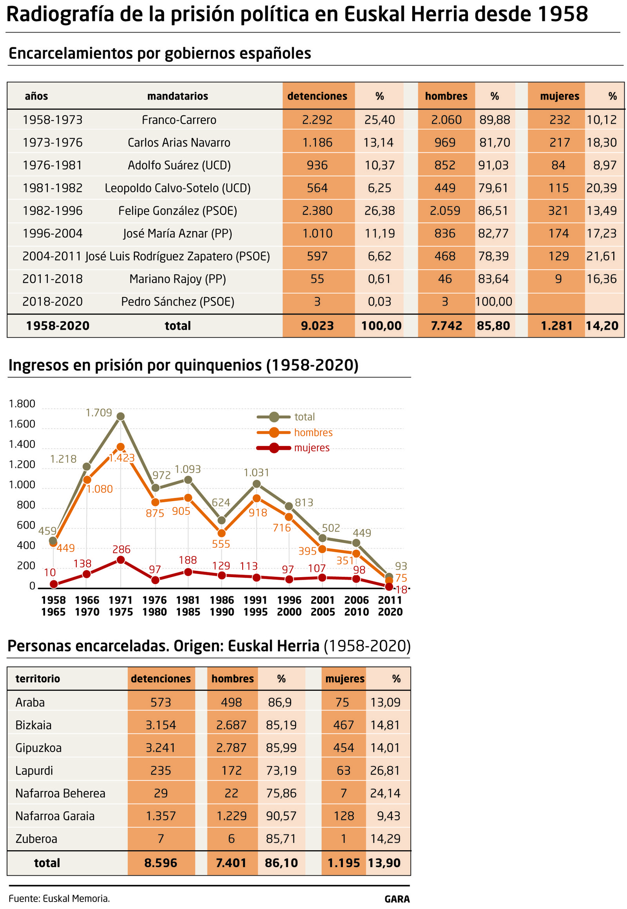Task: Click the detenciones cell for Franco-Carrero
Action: coord(317,120)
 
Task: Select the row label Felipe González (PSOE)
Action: coord(178,211)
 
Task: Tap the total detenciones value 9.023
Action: coord(317,326)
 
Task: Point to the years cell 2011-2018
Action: coord(52,279)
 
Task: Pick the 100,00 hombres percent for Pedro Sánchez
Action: coord(493,302)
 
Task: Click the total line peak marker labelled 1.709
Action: coord(121,416)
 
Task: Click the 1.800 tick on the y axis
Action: coord(22,404)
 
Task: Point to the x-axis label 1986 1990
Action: coord(221,606)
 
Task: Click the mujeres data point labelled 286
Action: coord(121,560)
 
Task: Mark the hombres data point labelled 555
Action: coord(221,533)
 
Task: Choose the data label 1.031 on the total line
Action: coord(256,473)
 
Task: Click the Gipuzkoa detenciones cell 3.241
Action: coord(160,748)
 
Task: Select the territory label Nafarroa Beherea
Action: coord(60,793)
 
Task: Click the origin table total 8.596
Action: coord(160,863)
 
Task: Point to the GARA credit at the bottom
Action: coord(397,899)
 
